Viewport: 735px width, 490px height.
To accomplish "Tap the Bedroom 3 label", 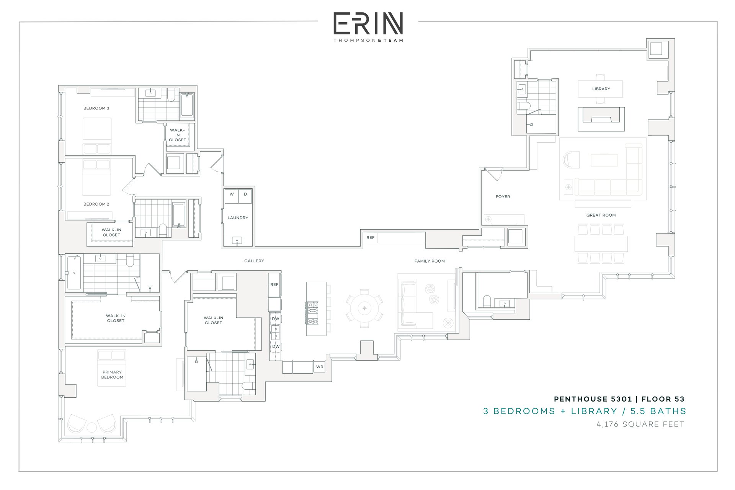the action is click(x=96, y=108).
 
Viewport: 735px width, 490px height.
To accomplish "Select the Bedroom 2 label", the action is click(x=96, y=204).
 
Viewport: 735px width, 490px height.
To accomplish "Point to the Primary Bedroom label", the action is click(x=112, y=374).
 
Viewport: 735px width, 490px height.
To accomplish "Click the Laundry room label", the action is click(x=238, y=217).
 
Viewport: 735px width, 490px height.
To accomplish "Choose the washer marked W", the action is click(x=231, y=196).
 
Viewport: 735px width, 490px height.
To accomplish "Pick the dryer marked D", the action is click(x=245, y=196).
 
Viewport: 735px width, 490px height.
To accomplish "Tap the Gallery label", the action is click(x=254, y=261).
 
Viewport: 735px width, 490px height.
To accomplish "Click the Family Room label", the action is click(x=430, y=261).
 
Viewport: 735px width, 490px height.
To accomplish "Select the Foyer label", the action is click(x=503, y=197).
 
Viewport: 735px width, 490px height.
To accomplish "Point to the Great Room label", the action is click(x=601, y=215).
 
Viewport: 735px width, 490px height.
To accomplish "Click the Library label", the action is click(x=601, y=89).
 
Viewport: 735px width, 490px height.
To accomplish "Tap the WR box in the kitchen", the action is click(x=320, y=367).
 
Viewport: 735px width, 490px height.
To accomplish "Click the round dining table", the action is click(x=364, y=308).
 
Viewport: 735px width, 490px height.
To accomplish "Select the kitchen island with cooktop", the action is click(x=316, y=309).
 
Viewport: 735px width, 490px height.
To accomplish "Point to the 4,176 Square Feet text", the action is click(x=640, y=424).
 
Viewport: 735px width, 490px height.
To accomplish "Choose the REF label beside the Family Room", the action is click(x=370, y=237).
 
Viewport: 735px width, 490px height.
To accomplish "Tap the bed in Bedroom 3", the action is click(x=97, y=136).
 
